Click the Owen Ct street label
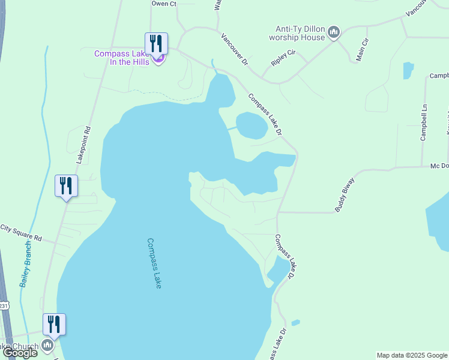[164, 4]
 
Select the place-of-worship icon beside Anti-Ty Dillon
[334, 32]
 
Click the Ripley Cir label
[284, 58]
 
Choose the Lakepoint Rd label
[83, 145]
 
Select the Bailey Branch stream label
[26, 265]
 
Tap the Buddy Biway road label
[345, 194]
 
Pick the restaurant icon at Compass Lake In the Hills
[155, 43]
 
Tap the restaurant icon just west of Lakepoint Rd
[66, 186]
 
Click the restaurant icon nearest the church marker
[54, 325]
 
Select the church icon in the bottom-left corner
[47, 346]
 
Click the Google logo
[20, 353]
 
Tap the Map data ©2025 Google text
[412, 355]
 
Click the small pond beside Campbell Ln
[408, 70]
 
